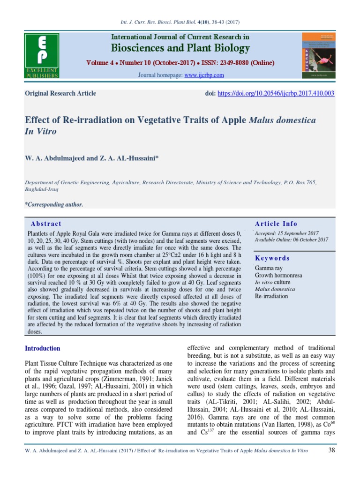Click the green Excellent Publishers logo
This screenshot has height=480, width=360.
point(41,55)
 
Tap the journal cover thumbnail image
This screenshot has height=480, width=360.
point(317,55)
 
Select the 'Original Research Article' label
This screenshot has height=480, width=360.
point(60,93)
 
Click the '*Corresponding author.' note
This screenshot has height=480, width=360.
point(53,205)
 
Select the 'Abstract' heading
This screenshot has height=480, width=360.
point(46,224)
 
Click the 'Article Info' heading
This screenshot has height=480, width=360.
point(276,224)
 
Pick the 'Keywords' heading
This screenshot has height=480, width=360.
point(272,258)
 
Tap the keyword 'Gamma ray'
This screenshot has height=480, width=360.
point(269,269)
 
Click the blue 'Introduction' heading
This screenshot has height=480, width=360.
point(42,348)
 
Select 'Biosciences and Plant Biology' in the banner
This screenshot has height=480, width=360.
point(180,48)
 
